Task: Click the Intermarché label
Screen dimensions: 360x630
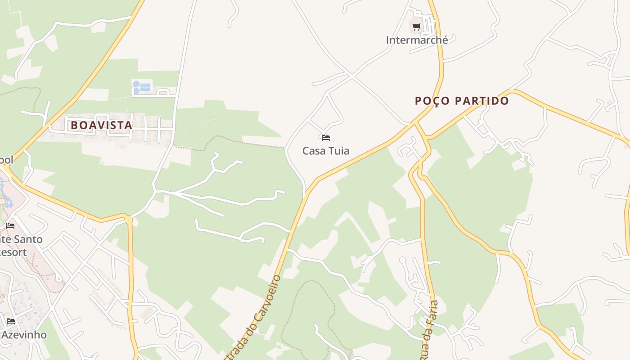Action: pos(417,40)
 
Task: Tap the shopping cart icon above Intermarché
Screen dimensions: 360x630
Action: pos(417,27)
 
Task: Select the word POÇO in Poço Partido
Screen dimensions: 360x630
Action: pos(432,101)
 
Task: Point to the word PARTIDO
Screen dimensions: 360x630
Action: pos(481,101)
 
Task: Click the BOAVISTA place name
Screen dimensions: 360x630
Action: pos(101,126)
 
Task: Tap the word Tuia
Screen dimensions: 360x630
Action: pos(339,151)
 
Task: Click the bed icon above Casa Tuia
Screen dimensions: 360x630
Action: pos(326,137)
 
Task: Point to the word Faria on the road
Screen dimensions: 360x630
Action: pos(434,310)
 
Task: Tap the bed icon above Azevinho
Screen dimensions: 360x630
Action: pos(11,321)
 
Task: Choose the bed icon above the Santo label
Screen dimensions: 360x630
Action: pos(10,225)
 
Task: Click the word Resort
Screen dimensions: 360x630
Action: pos(13,252)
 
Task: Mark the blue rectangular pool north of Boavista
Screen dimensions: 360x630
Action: pos(145,87)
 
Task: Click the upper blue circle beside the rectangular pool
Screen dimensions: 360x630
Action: pos(136,84)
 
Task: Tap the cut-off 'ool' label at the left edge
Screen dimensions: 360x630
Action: pos(6,160)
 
